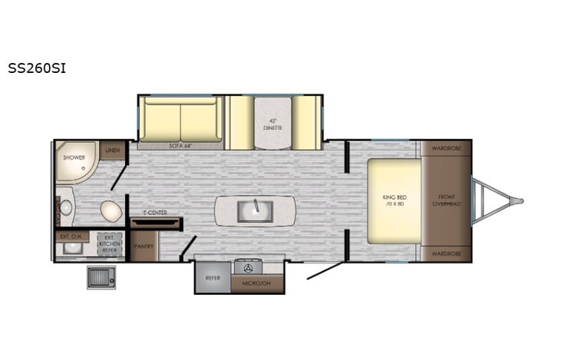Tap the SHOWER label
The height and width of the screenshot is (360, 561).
click(74, 157)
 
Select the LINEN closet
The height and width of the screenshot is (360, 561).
click(113, 150)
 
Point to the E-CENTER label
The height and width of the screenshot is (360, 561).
click(155, 213)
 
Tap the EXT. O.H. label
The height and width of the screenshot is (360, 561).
click(70, 236)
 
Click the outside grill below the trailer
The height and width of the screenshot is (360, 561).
click(101, 276)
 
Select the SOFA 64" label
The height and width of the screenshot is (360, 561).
click(180, 144)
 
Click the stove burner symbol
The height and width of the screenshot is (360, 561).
click(248, 268)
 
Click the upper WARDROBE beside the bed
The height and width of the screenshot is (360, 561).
click(445, 148)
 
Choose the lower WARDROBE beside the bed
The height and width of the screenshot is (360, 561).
click(445, 253)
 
